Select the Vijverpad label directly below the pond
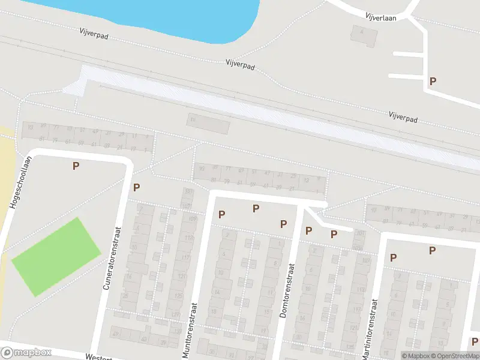[241, 64]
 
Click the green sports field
[56, 257]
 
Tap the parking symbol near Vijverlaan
[432, 81]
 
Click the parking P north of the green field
[76, 166]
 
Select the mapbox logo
[26, 353]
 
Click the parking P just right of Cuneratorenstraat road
[136, 187]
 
